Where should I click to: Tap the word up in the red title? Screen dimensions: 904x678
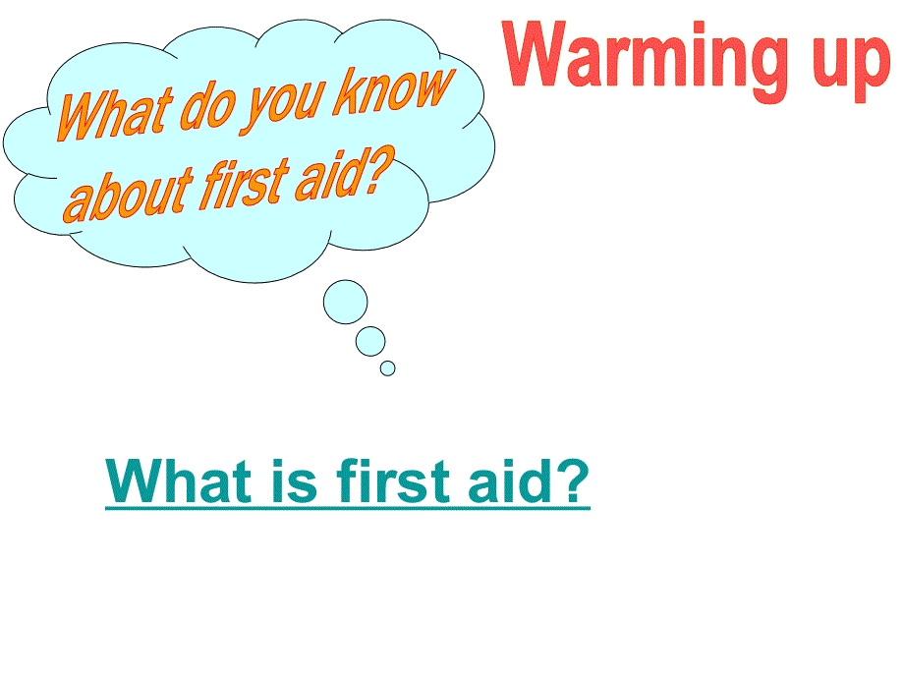pos(852,67)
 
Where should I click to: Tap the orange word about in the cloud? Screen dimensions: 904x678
pos(128,195)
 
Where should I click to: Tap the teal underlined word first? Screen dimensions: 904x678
pos(393,480)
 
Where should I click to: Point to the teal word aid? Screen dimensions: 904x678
pos(529,480)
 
